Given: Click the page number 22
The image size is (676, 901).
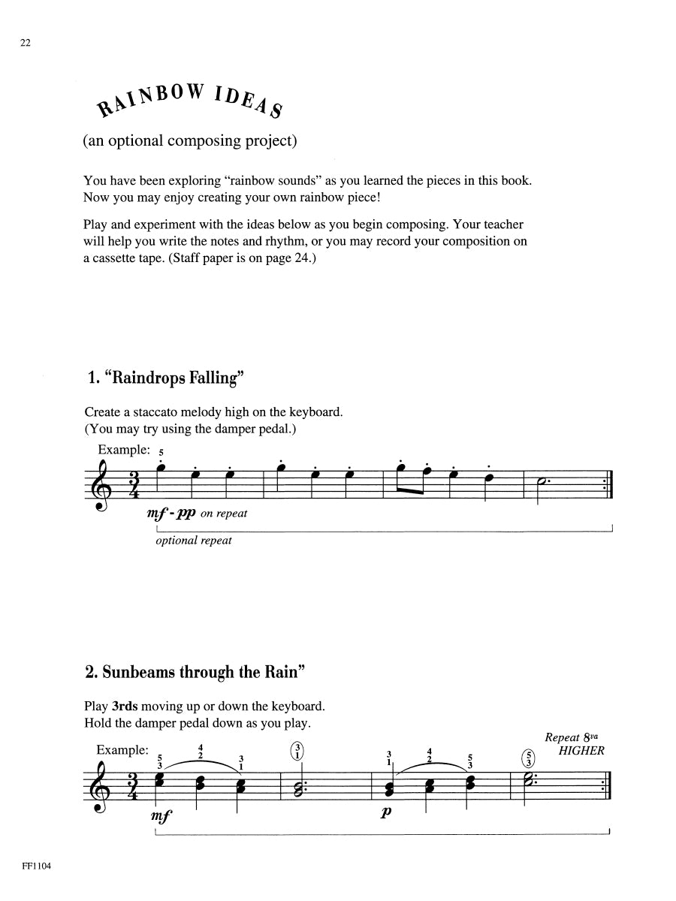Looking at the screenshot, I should click(26, 44).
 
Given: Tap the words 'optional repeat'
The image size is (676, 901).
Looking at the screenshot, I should click(194, 541).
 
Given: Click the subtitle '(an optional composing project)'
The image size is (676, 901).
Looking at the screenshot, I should click(187, 140).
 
